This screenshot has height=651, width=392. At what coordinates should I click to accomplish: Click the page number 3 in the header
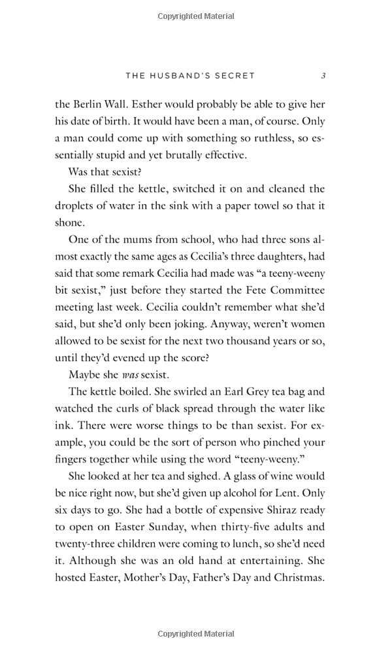[x=323, y=76]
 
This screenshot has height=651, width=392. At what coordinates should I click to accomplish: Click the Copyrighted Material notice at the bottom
[x=196, y=633]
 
